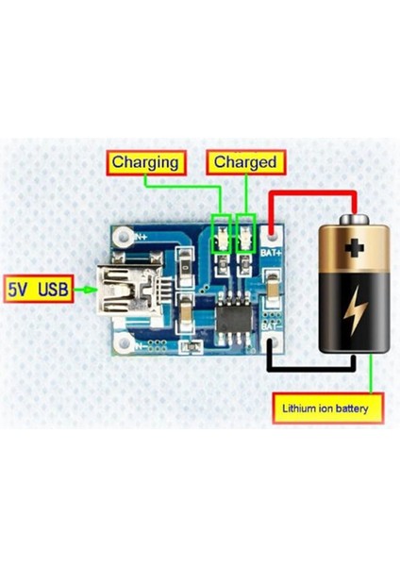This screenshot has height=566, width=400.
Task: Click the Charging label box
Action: tap(144, 162)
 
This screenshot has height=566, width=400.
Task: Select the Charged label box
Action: tap(245, 162)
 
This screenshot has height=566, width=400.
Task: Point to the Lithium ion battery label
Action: tap(332, 409)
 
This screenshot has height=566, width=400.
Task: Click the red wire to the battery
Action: tap(311, 194)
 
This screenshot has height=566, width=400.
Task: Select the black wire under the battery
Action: tap(311, 368)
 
